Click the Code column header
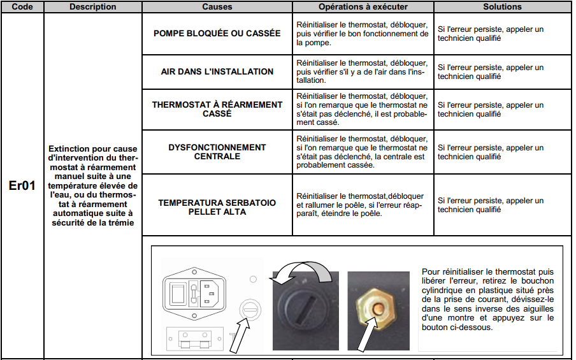(x=22, y=7)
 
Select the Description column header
(x=93, y=7)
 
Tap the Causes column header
(x=217, y=7)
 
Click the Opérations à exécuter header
(x=363, y=7)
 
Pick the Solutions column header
(x=502, y=7)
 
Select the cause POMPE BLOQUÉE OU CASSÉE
(x=217, y=33)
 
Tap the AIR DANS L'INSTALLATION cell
(x=217, y=72)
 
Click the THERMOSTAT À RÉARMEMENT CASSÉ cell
(x=217, y=109)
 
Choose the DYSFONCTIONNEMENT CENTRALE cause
(x=217, y=152)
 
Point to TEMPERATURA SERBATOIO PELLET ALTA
(x=217, y=207)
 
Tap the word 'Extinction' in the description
(x=70, y=149)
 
